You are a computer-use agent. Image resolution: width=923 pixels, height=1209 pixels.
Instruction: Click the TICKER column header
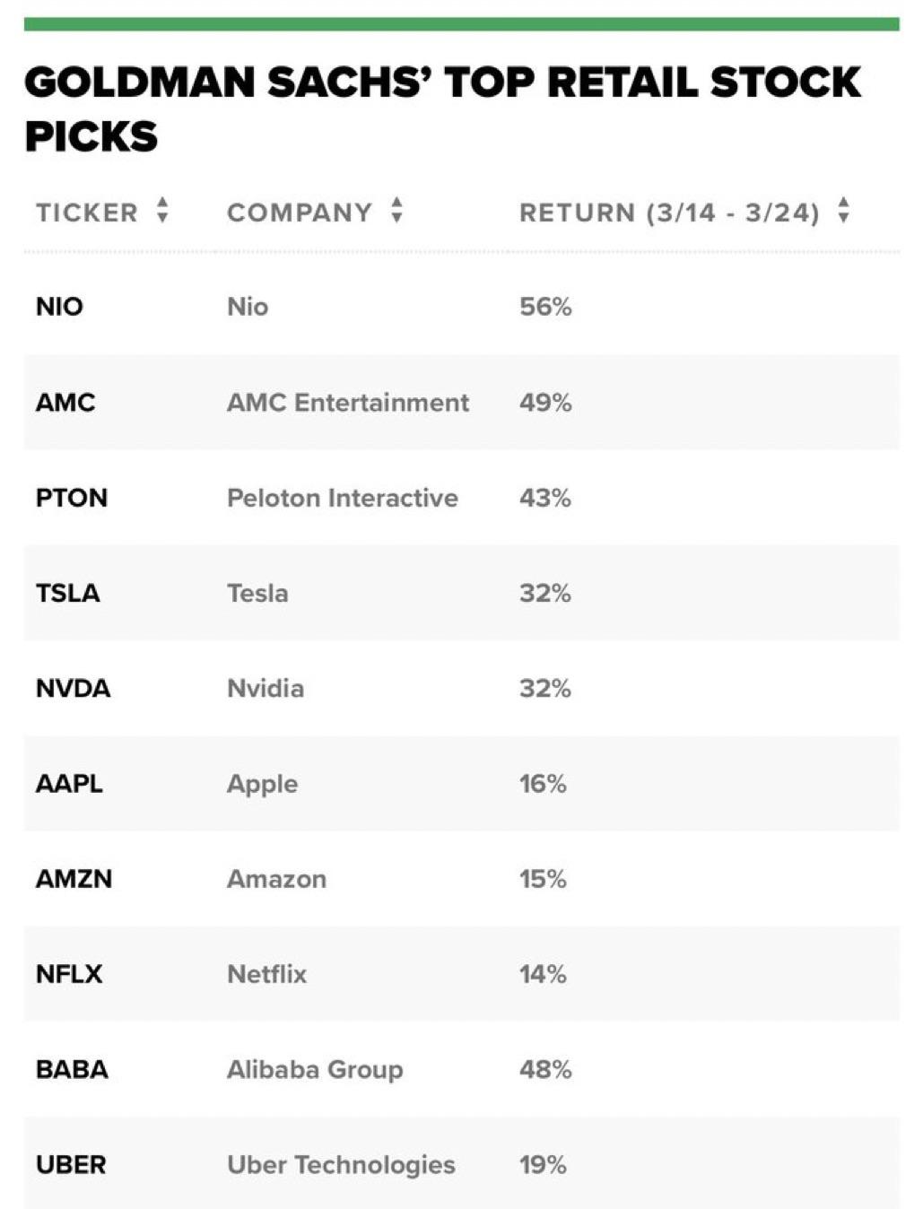pos(87,213)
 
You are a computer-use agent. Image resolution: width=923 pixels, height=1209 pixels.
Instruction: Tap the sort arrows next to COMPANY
pos(396,211)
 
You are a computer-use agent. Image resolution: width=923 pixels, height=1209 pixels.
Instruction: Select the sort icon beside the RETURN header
pos(843,211)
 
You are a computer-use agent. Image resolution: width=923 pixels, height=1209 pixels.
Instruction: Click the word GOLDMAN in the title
pos(139,83)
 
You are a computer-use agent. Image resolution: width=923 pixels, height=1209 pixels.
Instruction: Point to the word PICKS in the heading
pos(91,137)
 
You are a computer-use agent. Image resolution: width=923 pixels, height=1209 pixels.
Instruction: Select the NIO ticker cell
pos(59,307)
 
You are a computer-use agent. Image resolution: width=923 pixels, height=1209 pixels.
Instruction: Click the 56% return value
pos(545,307)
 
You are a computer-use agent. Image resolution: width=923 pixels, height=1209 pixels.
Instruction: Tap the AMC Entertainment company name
pos(347,403)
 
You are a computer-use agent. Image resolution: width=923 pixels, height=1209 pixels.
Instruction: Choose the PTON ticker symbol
pos(72,498)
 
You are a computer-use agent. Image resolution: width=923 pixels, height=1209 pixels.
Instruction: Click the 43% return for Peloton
pos(545,498)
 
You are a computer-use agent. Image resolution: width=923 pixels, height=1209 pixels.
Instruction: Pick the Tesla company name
pos(257,593)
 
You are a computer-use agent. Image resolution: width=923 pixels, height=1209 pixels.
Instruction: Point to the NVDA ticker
pos(74,688)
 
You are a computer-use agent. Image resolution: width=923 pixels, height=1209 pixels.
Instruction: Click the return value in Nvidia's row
pos(545,688)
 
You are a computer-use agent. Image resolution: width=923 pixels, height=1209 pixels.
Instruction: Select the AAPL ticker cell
pos(69,784)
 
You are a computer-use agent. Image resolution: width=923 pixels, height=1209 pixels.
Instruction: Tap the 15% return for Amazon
pos(543,879)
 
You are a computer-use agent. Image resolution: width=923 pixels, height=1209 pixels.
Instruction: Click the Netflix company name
pos(266,974)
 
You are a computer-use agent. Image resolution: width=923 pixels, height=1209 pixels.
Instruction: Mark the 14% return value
pos(543,974)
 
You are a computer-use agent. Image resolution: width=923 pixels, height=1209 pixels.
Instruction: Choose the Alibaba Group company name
pos(315,1069)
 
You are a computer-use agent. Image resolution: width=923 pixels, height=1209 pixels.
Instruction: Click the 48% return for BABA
pos(545,1069)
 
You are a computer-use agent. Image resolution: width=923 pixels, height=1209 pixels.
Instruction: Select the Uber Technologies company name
pos(341,1164)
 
